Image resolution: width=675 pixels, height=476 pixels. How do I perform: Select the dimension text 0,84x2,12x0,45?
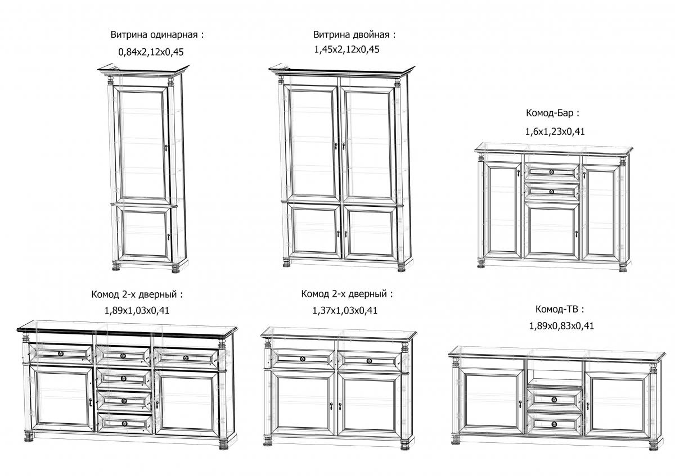(x=151, y=52)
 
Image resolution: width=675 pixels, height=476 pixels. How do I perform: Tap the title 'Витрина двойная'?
(x=354, y=35)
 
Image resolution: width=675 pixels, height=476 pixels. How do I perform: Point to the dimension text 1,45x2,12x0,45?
(x=346, y=49)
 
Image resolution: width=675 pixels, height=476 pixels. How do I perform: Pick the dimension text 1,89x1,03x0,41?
(x=137, y=309)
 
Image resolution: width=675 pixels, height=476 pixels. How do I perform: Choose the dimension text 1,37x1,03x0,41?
(x=345, y=310)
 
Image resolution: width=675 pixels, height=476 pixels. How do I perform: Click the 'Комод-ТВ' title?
(x=560, y=309)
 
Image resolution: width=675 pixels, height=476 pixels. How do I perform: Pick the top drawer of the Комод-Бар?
(x=551, y=171)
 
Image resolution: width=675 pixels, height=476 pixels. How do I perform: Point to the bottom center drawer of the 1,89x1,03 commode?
(x=124, y=423)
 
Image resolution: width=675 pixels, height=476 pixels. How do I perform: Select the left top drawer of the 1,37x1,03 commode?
(x=302, y=359)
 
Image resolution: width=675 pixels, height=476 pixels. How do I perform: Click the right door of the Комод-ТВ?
(x=616, y=405)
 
